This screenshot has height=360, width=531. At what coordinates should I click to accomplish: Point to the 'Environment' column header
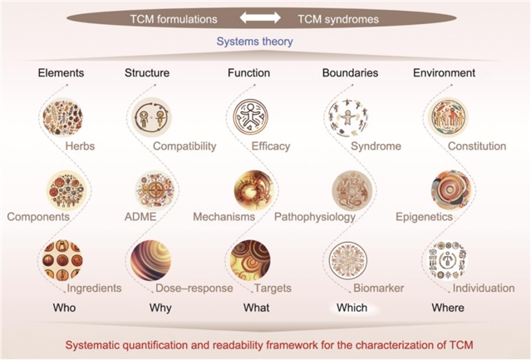[444, 73]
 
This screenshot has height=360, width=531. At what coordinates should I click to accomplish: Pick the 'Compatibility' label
[184, 146]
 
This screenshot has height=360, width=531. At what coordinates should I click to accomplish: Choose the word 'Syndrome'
[376, 146]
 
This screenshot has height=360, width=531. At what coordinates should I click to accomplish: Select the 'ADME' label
[139, 217]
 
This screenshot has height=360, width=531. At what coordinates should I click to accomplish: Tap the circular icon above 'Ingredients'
[64, 258]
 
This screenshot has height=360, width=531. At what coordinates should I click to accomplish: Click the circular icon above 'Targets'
[250, 259]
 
